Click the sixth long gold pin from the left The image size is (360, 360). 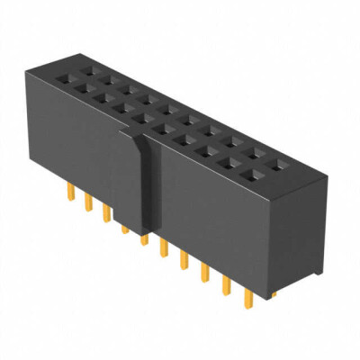point(163,247)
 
